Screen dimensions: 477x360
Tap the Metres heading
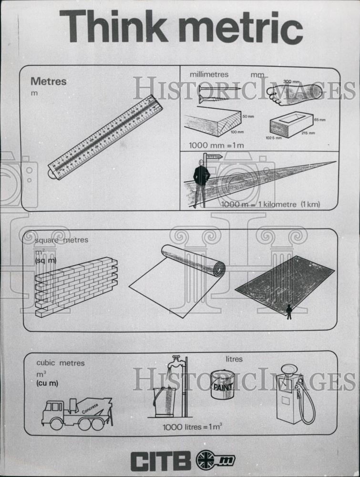tap(49, 82)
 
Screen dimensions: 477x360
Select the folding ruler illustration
tap(105, 137)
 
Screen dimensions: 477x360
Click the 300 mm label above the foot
tap(291, 82)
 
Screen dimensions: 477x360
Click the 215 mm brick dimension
tap(308, 133)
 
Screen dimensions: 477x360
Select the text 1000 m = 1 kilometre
tap(270, 204)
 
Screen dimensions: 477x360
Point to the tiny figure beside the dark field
tap(289, 311)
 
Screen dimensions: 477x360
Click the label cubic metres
tap(61, 363)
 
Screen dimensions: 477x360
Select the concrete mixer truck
tap(77, 412)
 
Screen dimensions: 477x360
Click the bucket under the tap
tap(164, 401)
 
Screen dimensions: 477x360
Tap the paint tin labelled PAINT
tap(223, 384)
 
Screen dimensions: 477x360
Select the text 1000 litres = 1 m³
tap(192, 427)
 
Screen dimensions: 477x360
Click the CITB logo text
tap(161, 461)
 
